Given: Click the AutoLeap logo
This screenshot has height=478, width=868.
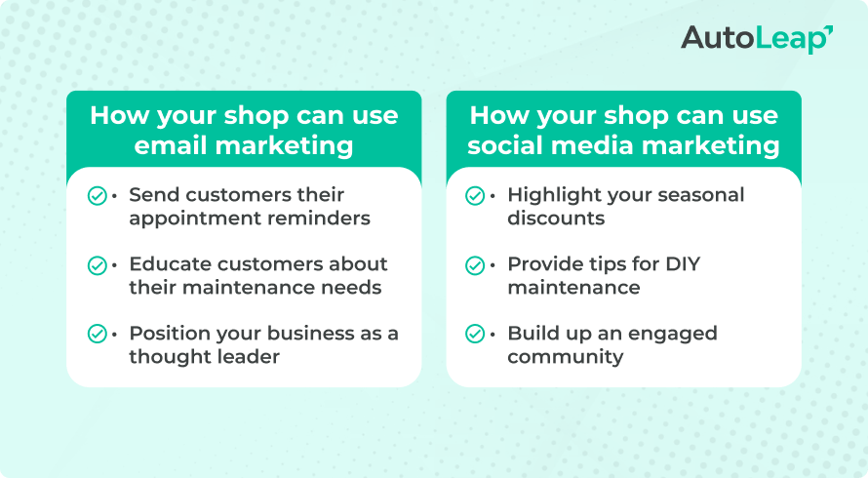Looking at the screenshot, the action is (757, 39).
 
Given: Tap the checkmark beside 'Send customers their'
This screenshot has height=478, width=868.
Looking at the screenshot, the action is (98, 195).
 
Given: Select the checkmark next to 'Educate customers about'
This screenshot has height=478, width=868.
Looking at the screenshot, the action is (98, 265).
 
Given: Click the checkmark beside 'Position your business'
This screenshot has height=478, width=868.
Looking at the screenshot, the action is (98, 334).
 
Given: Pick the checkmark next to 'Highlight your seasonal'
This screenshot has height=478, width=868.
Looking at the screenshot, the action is (475, 195).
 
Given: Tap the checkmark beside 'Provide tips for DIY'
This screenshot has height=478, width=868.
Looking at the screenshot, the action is (475, 265).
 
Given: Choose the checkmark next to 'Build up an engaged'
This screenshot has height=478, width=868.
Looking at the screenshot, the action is (475, 334).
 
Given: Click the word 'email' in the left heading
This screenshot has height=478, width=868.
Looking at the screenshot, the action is (171, 145).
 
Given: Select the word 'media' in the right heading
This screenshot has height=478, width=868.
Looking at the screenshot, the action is (592, 145).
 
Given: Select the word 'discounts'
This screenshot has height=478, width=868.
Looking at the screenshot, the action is (556, 219).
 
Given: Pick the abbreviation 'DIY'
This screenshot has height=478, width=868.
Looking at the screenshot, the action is (683, 264).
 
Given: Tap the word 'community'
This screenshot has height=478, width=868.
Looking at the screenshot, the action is (566, 357).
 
